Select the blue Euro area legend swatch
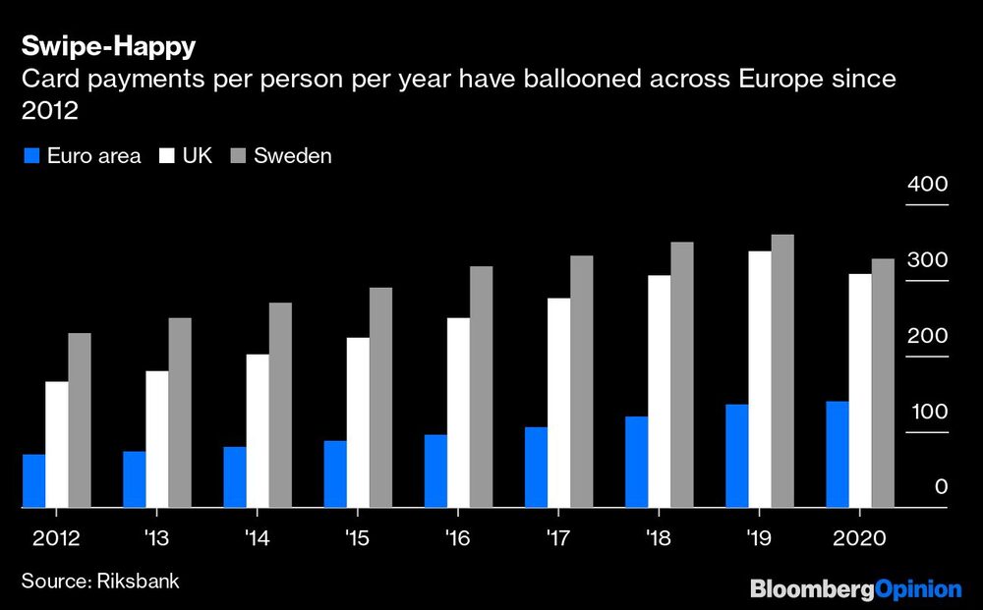pyautogui.click(x=30, y=155)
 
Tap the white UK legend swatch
pyautogui.click(x=163, y=155)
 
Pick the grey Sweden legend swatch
pyautogui.click(x=236, y=155)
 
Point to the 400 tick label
pyautogui.click(x=927, y=185)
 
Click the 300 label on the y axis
pyautogui.click(x=927, y=260)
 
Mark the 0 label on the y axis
pyautogui.click(x=941, y=487)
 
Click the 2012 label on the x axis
pyautogui.click(x=56, y=538)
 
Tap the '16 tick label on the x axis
pyautogui.click(x=456, y=538)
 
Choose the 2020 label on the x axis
pyautogui.click(x=859, y=538)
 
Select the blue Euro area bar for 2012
pyautogui.click(x=33, y=481)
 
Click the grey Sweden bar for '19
pyautogui.click(x=782, y=371)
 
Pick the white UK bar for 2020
pyautogui.click(x=860, y=391)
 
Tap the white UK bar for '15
pyautogui.click(x=358, y=422)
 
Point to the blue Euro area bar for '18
pyautogui.click(x=636, y=462)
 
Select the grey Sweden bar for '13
pyautogui.click(x=180, y=413)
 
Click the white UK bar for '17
pyautogui.click(x=558, y=403)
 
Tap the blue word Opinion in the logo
pyautogui.click(x=919, y=589)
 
